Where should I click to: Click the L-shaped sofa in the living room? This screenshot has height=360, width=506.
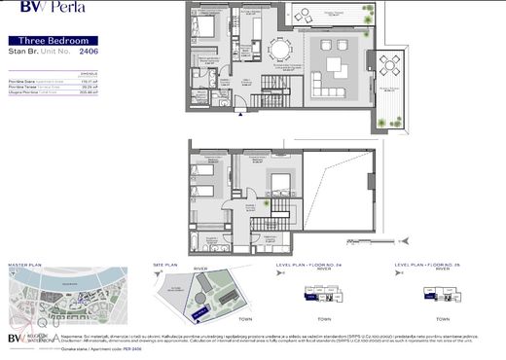[x=335, y=66]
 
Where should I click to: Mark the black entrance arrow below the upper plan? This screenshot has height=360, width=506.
[x=241, y=114]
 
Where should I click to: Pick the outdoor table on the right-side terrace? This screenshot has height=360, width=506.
[x=389, y=66]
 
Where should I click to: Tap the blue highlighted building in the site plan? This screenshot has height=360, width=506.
[x=200, y=309]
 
